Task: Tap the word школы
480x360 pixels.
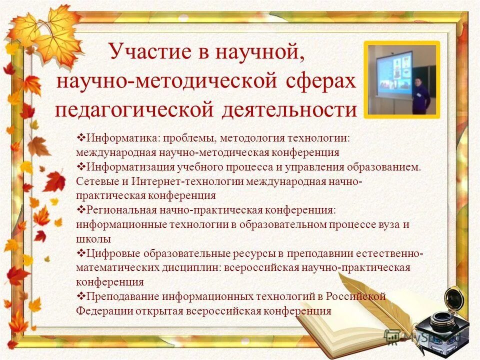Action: click(93, 238)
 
